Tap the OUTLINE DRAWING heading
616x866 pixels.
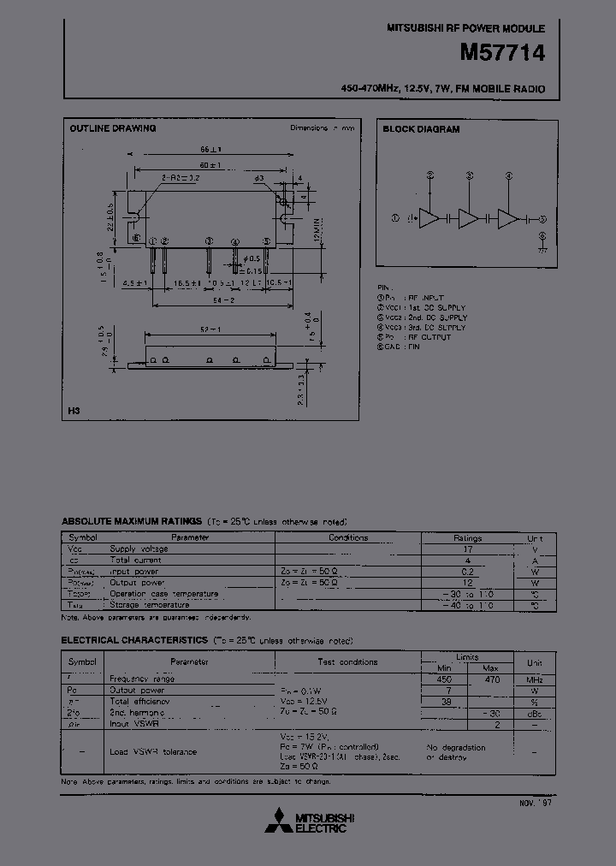(x=112, y=128)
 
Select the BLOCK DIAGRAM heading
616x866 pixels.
(x=421, y=129)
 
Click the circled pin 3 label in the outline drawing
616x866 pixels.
(x=208, y=241)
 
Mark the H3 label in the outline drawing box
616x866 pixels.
(x=74, y=412)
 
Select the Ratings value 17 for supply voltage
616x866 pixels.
(x=468, y=549)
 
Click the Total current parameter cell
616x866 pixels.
(x=133, y=560)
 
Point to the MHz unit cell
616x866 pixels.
(x=535, y=679)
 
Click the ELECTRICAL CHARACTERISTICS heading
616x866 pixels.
(x=134, y=640)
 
